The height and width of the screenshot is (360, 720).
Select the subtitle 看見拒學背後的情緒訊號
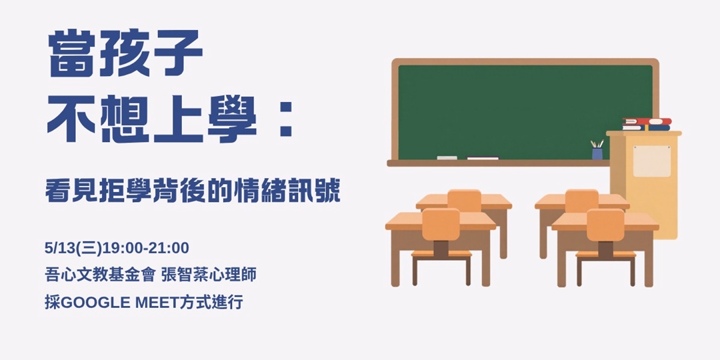click(x=193, y=191)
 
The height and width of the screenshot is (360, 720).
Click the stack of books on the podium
click(x=646, y=124)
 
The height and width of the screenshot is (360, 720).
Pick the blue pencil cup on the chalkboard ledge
click(x=597, y=153)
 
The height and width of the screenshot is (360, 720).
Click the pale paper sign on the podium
click(x=651, y=161)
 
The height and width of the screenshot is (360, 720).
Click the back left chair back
click(x=464, y=200)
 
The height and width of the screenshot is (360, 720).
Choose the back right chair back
click(x=581, y=200)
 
